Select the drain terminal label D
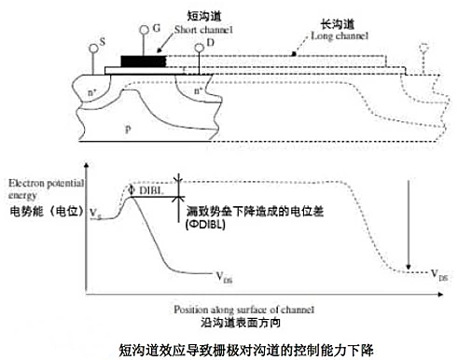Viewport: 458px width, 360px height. pyautogui.click(x=186, y=43)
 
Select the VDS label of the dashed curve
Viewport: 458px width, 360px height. pyautogui.click(x=438, y=277)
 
